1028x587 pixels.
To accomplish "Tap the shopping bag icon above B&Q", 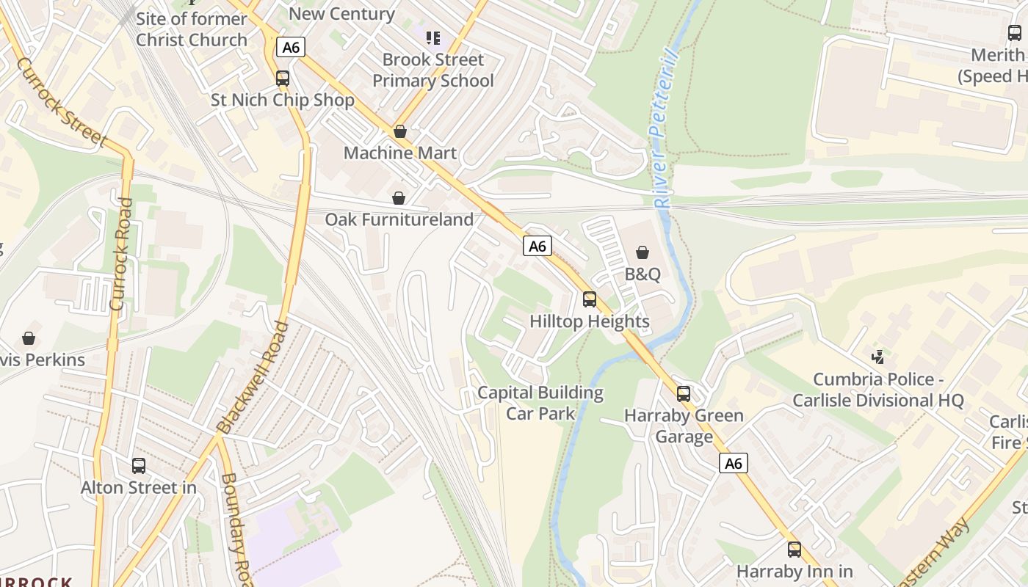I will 642,252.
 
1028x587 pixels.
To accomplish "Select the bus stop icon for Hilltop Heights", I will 590,299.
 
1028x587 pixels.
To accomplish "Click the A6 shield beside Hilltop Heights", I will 537,246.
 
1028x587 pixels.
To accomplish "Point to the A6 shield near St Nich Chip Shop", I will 292,48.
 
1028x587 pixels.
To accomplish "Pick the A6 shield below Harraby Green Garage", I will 734,463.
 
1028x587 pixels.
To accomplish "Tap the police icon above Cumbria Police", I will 877,357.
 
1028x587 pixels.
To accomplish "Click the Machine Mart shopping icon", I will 400,131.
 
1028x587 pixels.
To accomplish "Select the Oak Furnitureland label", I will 399,219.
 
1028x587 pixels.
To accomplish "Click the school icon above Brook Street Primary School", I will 433,37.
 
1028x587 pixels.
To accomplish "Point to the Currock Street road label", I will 62,103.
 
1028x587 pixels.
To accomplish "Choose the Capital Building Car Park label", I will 540,403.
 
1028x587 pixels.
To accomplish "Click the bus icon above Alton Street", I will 139,465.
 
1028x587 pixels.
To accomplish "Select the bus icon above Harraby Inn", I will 794,549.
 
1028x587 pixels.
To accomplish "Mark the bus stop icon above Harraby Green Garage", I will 684,393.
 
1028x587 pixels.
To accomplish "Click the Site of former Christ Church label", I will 192,29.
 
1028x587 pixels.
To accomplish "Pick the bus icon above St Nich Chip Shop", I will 283,78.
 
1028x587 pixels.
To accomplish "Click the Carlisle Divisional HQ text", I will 877,401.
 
